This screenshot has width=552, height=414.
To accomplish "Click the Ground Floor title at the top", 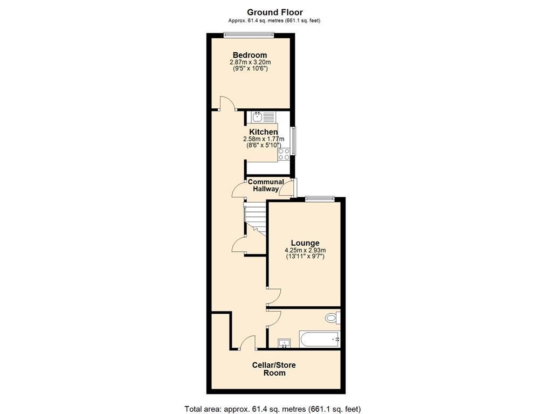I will tap(275, 12).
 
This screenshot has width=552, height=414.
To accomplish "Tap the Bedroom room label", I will tap(250, 55).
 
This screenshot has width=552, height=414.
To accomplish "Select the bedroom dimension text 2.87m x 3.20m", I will tap(250, 62).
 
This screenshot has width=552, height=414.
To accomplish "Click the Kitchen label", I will tap(264, 132).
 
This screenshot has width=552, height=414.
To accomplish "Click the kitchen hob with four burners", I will tap(284, 154).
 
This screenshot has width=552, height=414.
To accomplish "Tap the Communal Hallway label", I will tap(266, 185).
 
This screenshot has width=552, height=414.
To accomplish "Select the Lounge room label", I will tap(305, 243).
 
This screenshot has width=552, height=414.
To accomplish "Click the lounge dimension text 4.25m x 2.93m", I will tap(305, 250).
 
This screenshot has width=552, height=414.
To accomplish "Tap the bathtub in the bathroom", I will tap(320, 340).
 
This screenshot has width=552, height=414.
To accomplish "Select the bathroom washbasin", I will tap(284, 343).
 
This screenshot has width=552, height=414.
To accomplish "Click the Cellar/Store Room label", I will tap(274, 369).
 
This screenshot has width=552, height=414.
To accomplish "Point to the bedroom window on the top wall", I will tap(249, 36).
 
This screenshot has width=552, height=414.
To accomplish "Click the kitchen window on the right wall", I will tap(293, 141).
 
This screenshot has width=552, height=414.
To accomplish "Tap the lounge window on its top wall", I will tap(320, 199).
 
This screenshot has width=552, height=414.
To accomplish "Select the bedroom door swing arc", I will tap(227, 102).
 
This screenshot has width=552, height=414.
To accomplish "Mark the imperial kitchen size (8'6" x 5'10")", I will tap(264, 145).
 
